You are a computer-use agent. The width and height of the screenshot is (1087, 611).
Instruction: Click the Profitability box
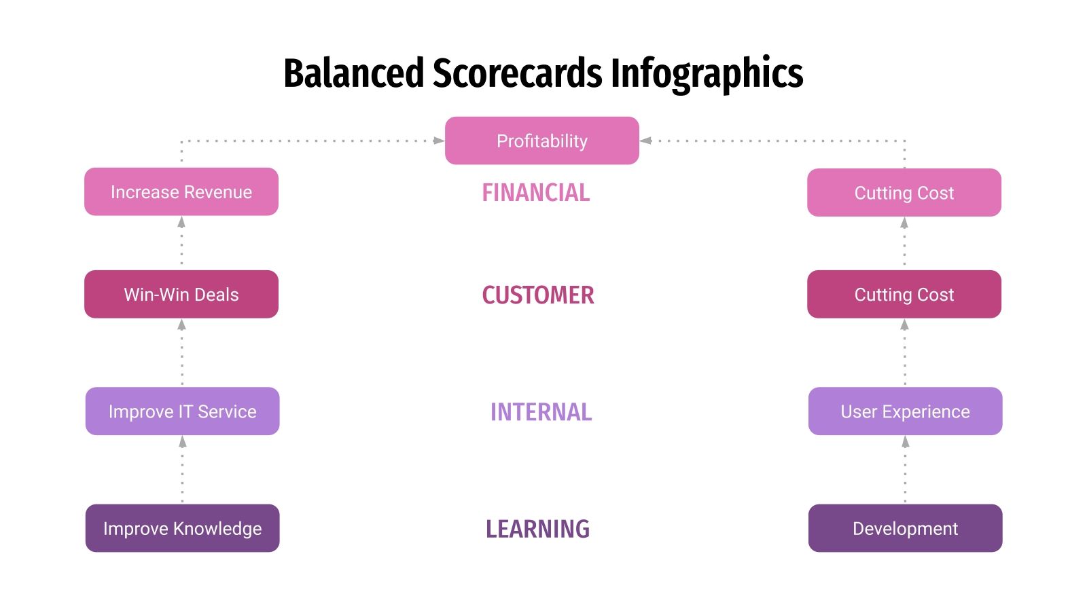541,141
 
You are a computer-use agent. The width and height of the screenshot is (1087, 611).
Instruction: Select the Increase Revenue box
181,192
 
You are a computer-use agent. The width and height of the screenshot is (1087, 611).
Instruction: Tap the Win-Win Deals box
181,294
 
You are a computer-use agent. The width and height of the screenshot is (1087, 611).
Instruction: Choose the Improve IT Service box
182,411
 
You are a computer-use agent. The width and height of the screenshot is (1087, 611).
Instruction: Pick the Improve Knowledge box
182,528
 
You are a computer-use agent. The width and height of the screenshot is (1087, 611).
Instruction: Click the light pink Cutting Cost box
904,193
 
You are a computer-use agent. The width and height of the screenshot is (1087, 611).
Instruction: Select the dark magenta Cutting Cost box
904,294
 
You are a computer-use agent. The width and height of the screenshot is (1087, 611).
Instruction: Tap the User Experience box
905,411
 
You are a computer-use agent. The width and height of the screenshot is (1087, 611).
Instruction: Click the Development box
905,528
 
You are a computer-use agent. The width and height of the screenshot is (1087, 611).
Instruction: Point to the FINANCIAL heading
535,193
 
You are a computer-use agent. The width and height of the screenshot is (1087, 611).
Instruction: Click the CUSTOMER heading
537,295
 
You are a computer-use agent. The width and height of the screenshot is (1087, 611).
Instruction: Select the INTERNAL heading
541,412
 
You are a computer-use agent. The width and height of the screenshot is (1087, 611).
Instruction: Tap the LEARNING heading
537,529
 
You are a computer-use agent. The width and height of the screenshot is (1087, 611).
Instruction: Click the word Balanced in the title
353,73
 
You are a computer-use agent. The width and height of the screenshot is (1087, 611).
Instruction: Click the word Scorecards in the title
517,73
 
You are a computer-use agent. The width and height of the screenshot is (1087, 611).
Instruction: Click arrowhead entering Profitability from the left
439,141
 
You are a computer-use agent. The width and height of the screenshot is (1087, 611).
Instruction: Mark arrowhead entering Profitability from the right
646,141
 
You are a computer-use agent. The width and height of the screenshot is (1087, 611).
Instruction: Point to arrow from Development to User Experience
905,469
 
